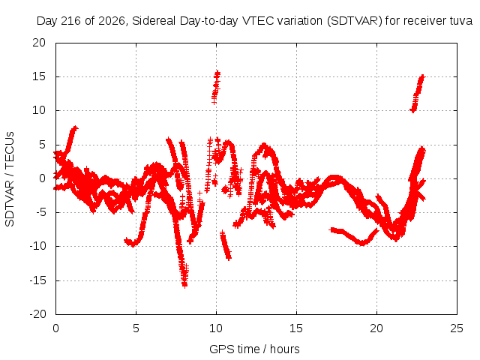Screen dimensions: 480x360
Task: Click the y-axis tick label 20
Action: click(39, 43)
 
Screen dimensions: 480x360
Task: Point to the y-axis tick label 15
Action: click(39, 76)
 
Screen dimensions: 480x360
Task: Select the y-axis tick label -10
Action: click(37, 246)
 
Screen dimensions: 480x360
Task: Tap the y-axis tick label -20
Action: click(37, 314)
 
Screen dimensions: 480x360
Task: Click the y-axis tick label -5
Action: click(39, 212)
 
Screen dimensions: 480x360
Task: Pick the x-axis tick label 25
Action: click(457, 328)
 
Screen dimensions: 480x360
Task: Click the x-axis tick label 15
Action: click(296, 328)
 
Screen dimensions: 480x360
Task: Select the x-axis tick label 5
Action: click(136, 328)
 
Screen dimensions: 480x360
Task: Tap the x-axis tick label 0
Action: click(55, 328)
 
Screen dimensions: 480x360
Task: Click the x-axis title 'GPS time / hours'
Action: click(254, 349)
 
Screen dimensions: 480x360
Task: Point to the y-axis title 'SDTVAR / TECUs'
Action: click(10, 179)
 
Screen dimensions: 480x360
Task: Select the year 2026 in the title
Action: click(112, 21)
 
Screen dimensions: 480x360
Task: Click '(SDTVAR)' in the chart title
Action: click(355, 21)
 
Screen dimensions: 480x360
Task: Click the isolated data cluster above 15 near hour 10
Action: click(216, 87)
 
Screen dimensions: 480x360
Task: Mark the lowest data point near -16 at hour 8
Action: click(184, 286)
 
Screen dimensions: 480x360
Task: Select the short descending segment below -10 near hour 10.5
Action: click(226, 245)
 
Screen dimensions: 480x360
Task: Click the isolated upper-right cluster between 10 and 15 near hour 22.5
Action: click(418, 93)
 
